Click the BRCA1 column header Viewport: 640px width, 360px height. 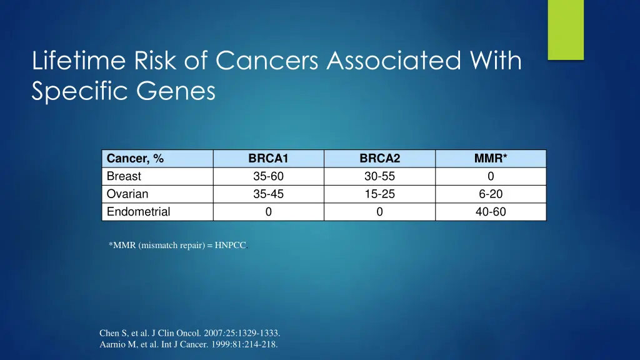(x=268, y=159)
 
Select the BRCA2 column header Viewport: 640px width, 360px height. (x=379, y=159)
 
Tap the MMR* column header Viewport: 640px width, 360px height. (x=491, y=159)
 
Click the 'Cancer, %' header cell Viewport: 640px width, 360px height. (x=136, y=159)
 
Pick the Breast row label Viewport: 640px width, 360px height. (x=124, y=176)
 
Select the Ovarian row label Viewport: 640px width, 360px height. (x=127, y=194)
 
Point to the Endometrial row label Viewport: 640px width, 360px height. (x=138, y=212)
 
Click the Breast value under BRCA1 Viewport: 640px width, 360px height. (x=268, y=176)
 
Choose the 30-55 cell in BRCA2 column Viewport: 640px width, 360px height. (x=379, y=176)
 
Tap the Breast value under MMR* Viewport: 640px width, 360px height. (x=491, y=176)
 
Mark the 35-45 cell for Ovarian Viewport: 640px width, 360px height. (x=268, y=194)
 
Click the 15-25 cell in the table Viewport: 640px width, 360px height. (x=379, y=194)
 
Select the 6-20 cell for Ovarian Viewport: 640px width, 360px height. (x=491, y=194)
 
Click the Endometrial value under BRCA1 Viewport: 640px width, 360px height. (x=268, y=212)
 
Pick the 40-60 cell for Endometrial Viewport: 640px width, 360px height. (x=491, y=212)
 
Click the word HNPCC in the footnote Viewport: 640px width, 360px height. (x=230, y=246)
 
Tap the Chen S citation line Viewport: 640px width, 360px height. (x=190, y=333)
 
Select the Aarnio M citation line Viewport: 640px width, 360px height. (x=189, y=344)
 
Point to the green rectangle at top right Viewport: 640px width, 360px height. (x=566, y=29)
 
